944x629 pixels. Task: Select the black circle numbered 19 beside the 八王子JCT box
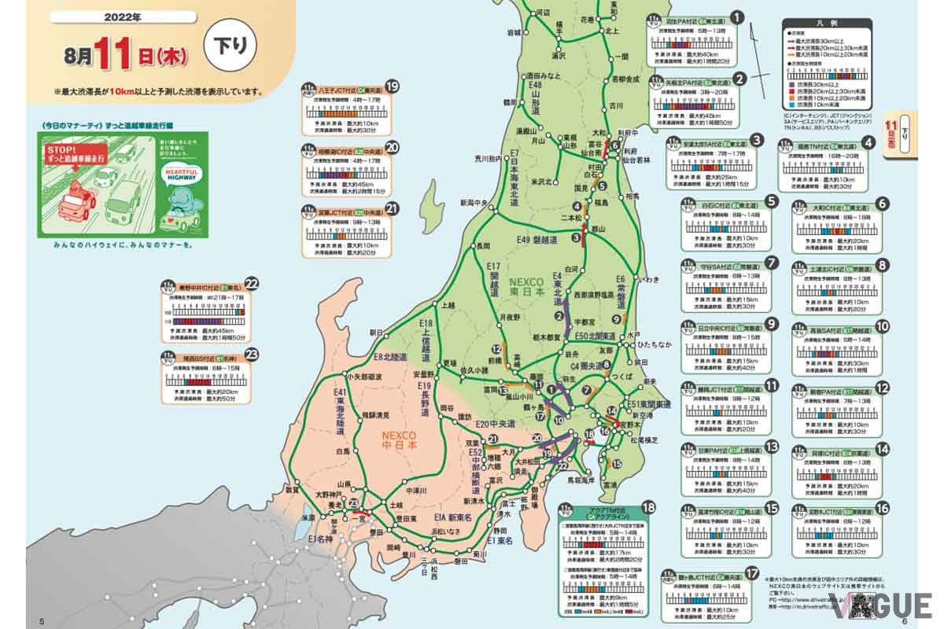(392, 86)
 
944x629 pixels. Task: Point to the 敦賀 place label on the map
(292, 489)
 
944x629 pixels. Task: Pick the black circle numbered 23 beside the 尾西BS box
(253, 354)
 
